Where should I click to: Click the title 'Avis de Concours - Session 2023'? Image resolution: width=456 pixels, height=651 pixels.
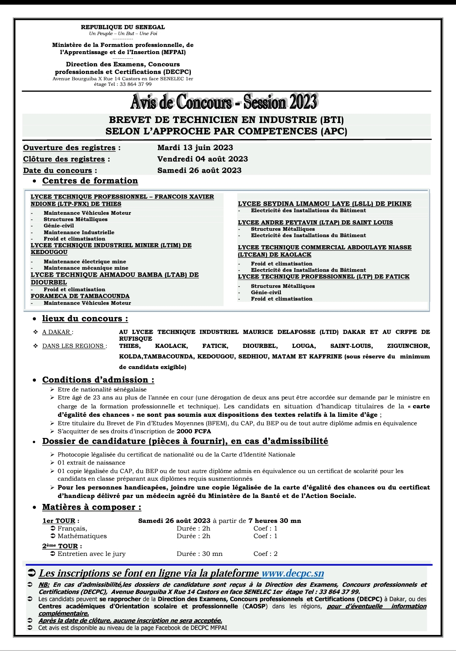point(224,101)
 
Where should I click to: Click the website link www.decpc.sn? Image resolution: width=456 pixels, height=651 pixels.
point(293,573)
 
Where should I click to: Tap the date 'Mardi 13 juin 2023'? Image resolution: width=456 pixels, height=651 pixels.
point(195,148)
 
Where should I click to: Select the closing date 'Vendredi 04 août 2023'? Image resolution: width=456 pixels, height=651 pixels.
point(202,159)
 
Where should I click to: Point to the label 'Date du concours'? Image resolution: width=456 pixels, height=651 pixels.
point(57,170)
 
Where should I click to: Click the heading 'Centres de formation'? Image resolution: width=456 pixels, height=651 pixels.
point(90,181)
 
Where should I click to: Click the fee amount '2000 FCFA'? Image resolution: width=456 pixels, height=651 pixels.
point(194,431)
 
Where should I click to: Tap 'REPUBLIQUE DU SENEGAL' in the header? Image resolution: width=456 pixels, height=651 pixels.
point(123,27)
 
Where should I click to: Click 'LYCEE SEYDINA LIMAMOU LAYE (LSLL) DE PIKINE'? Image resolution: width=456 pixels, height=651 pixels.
point(324,204)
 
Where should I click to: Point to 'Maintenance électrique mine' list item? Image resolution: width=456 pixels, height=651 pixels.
point(84,262)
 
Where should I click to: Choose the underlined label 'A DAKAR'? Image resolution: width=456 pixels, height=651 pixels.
point(57,332)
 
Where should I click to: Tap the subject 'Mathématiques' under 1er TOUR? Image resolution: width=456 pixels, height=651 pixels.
point(82,536)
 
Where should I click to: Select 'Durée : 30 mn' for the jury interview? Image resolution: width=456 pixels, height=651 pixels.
point(199,554)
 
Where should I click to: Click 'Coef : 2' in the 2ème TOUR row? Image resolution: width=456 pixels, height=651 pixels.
point(265,554)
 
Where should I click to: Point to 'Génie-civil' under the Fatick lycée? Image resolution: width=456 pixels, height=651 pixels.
point(266,292)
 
